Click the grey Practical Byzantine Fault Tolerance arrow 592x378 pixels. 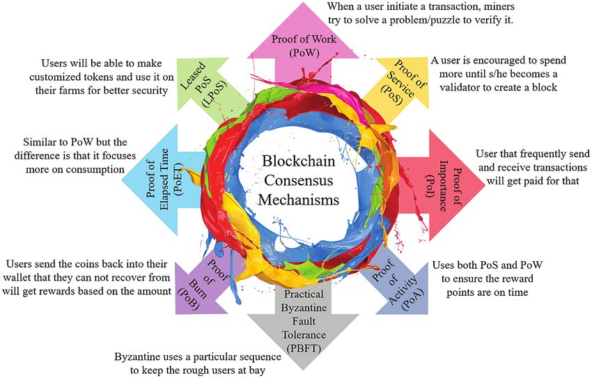[x=303, y=324]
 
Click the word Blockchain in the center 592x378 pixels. [x=299, y=161]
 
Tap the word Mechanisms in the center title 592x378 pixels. [x=299, y=200]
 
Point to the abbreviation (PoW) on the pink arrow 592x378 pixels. [x=304, y=52]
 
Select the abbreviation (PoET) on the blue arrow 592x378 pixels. [x=178, y=179]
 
